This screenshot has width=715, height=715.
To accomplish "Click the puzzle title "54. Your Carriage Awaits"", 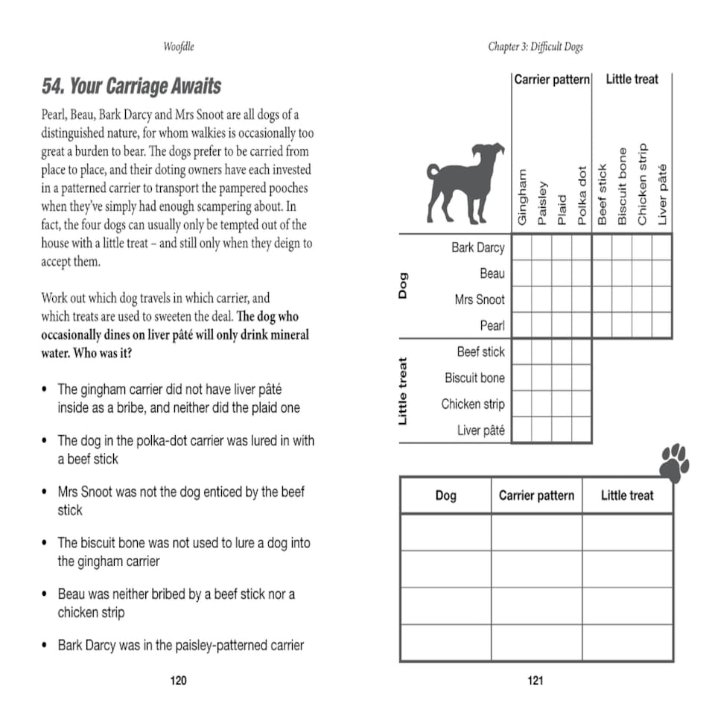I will click(131, 86).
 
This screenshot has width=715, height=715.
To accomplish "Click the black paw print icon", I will click(674, 463).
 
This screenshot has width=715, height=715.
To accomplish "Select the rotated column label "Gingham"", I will click(522, 197).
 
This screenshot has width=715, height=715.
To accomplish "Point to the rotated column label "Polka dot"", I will click(582, 195).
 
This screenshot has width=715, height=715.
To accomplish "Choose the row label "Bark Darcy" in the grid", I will click(477, 247).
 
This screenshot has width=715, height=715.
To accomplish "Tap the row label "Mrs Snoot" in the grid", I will click(480, 299).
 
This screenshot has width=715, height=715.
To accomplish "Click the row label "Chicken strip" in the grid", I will click(472, 404).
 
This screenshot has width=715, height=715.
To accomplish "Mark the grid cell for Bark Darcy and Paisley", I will click(541, 247).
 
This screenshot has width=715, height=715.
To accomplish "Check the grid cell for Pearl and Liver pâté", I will click(661, 325).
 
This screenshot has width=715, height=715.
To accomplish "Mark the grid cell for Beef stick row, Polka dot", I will click(582, 352).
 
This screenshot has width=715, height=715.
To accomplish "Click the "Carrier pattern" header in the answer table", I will click(536, 495).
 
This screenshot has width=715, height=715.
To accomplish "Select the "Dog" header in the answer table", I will click(445, 495).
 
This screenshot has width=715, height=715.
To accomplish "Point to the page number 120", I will click(179, 680).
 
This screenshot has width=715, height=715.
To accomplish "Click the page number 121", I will click(536, 680).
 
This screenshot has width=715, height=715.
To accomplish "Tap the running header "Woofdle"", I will click(179, 47).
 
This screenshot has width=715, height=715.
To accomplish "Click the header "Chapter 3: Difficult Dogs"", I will click(536, 47).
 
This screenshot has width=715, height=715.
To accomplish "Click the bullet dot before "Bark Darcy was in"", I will click(45, 645).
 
